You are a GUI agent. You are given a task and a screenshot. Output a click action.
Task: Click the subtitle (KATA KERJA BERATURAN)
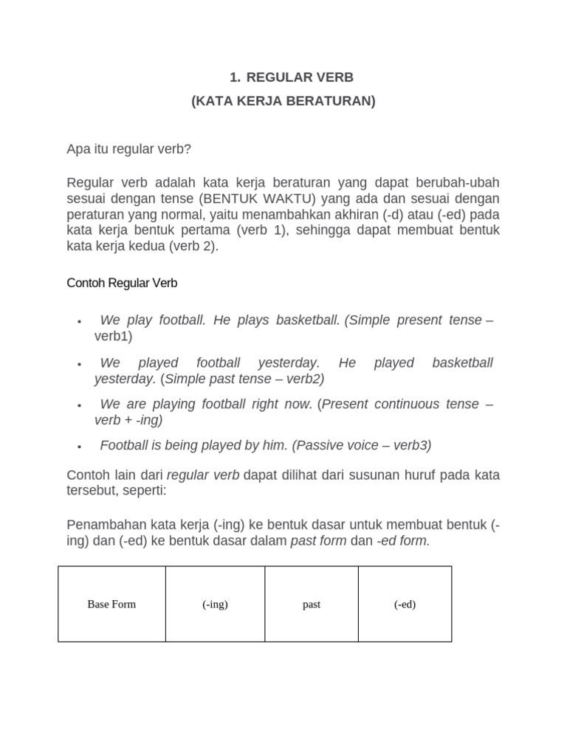283,101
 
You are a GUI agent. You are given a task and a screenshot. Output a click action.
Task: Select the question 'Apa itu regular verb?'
128,149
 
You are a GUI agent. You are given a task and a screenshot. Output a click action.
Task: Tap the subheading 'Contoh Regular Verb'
122,283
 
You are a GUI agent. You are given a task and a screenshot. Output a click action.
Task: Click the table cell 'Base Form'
111,604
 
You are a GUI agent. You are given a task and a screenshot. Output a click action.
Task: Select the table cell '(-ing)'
215,604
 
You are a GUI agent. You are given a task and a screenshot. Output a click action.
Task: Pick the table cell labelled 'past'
312,604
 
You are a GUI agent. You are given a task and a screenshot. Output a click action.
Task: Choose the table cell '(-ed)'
405,604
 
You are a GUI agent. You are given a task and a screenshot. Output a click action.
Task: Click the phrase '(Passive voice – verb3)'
362,445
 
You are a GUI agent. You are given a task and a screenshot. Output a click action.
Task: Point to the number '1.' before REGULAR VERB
236,78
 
